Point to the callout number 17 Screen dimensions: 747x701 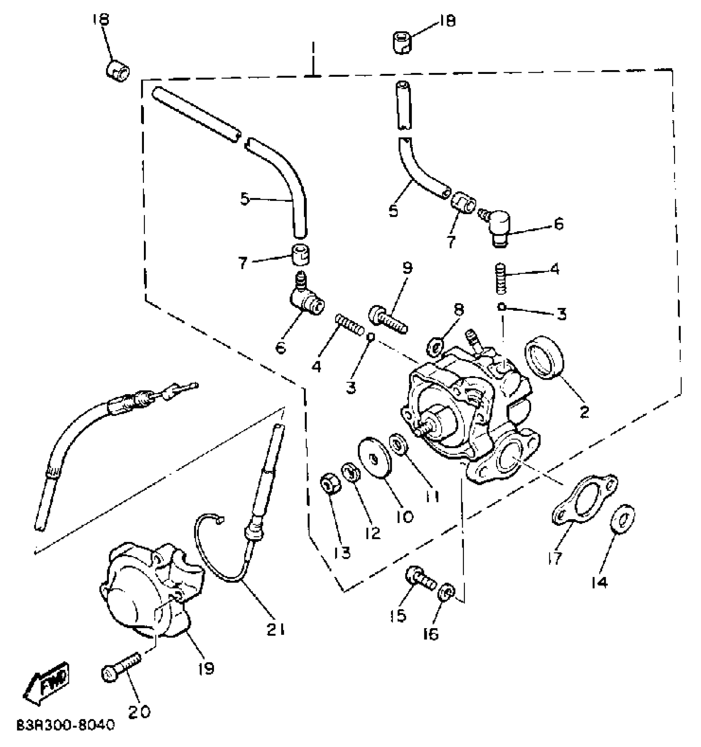click(x=555, y=558)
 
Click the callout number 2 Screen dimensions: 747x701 click(x=584, y=412)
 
